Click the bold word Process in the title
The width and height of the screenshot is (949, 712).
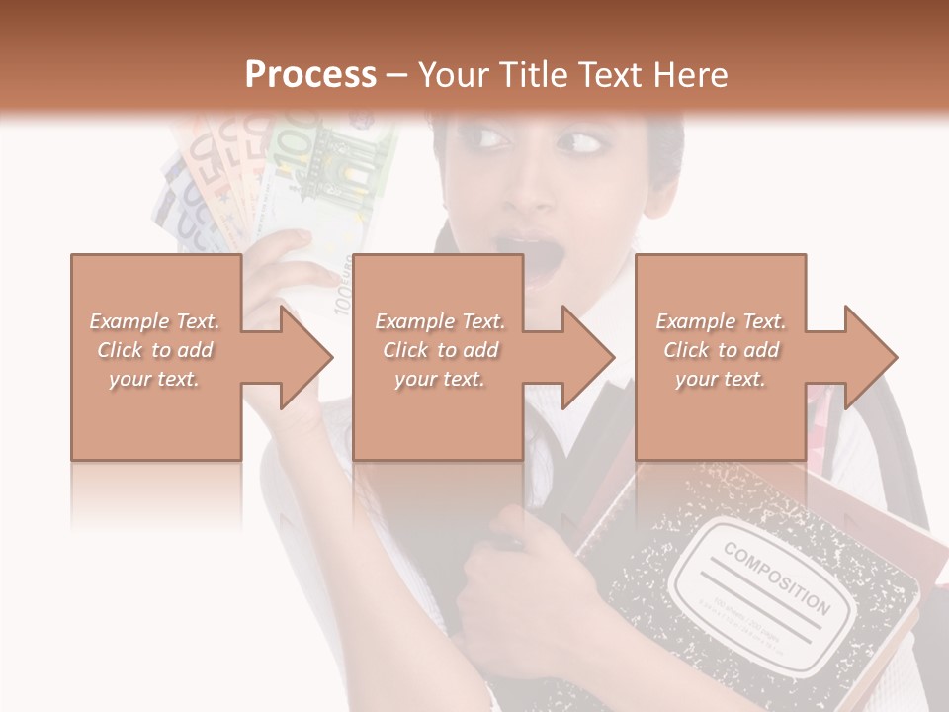310,75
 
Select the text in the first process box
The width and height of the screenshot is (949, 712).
155,350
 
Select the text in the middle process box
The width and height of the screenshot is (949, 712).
439,350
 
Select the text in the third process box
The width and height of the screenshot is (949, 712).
721,350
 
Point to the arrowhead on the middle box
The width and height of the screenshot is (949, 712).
586,357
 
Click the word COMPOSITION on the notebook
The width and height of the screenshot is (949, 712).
776,577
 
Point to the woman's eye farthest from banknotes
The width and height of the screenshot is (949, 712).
580,145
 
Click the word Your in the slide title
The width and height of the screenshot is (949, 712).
453,75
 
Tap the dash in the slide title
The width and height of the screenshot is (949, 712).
397,75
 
